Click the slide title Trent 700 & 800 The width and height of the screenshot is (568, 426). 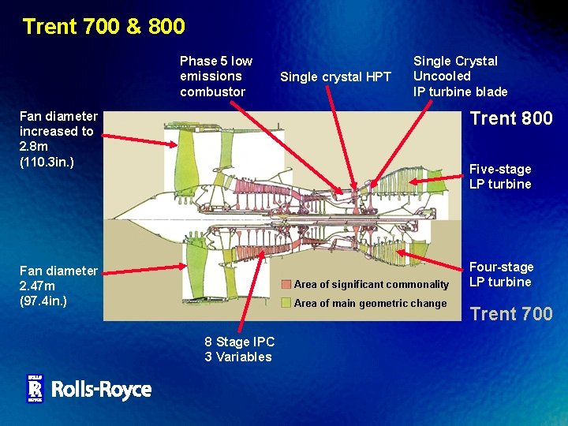103,27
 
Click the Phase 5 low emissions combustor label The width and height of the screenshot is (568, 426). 216,76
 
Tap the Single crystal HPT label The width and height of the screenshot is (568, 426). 335,77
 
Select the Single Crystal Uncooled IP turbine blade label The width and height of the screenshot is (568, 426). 460,76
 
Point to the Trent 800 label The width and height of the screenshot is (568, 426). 511,119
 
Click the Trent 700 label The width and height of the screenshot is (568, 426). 511,314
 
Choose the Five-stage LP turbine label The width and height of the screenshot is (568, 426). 500,177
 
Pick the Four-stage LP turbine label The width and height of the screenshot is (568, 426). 502,275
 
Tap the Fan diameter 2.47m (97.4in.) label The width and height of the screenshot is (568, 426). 58,286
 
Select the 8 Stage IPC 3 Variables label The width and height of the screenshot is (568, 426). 239,349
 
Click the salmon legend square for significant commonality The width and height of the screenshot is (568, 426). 286,284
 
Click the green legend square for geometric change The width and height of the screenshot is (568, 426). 286,303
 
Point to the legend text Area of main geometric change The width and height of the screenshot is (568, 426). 370,303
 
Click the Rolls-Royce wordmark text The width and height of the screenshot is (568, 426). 101,389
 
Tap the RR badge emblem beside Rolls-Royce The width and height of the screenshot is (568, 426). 35,388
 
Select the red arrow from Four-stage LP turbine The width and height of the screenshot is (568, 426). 430,261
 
